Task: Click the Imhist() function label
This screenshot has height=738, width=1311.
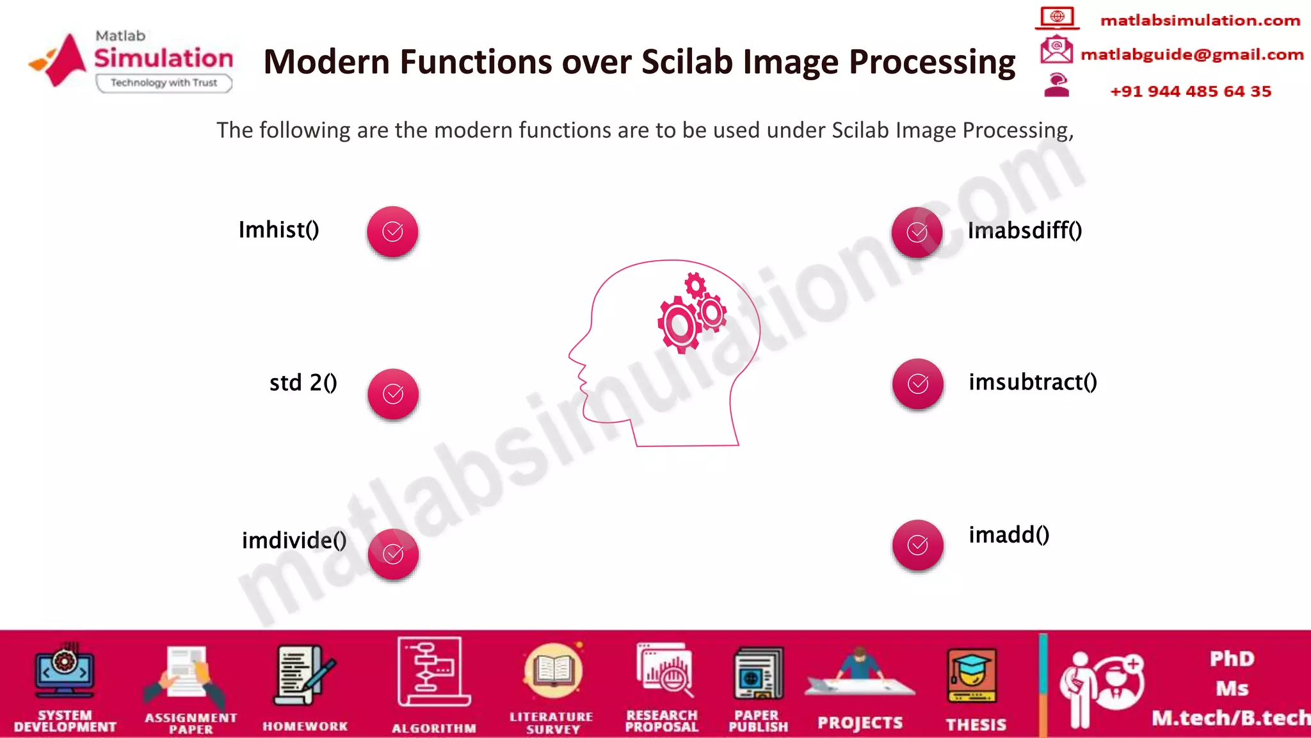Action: pyautogui.click(x=278, y=230)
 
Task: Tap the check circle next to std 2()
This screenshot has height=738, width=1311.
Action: pyautogui.click(x=393, y=393)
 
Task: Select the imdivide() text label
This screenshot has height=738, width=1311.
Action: pyautogui.click(x=294, y=540)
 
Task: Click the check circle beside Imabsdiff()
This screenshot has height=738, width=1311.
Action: pyautogui.click(x=917, y=232)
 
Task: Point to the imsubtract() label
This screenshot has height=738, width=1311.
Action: pyautogui.click(x=1033, y=382)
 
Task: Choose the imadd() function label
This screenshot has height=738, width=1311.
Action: pyautogui.click(x=1009, y=535)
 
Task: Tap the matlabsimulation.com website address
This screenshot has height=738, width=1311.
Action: pyautogui.click(x=1200, y=20)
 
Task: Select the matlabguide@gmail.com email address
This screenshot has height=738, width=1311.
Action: pyautogui.click(x=1192, y=54)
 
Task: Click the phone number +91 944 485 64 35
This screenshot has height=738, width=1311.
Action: pyautogui.click(x=1190, y=91)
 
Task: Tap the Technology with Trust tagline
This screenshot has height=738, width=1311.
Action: pyautogui.click(x=164, y=83)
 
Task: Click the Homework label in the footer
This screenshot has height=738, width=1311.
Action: pyautogui.click(x=305, y=726)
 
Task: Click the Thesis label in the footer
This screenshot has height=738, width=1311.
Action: pyautogui.click(x=976, y=725)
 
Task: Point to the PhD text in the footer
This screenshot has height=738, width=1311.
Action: pyautogui.click(x=1232, y=659)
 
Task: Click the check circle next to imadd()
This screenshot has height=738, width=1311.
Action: pyautogui.click(x=917, y=545)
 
